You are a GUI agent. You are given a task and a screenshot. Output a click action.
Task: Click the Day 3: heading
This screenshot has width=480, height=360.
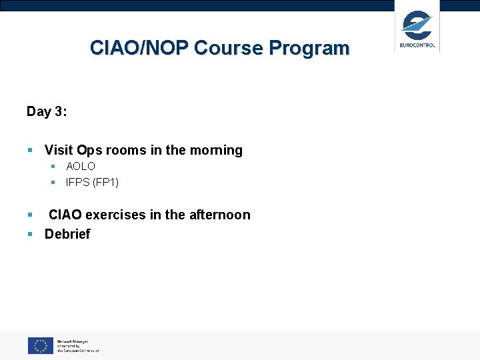click(46, 111)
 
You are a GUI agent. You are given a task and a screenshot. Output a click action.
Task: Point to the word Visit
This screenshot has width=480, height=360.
click(59, 150)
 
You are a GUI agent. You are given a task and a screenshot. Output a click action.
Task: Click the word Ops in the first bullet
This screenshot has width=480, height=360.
click(91, 150)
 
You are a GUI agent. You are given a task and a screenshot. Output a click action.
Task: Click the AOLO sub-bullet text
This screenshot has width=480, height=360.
click(81, 166)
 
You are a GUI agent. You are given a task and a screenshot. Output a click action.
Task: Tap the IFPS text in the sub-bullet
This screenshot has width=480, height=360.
click(78, 182)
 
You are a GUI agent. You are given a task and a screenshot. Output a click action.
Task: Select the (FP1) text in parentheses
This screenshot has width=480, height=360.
click(106, 182)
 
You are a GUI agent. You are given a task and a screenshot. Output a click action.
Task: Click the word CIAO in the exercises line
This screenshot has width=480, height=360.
click(65, 215)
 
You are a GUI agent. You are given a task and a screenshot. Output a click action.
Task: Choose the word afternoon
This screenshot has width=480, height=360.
click(219, 215)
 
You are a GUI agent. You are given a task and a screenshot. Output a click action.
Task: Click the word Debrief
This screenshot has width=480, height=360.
click(67, 234)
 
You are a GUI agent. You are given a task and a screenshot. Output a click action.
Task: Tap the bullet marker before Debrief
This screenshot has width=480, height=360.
click(30, 234)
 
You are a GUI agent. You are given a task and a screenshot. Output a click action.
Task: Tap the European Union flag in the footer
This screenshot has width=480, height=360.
click(40, 345)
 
